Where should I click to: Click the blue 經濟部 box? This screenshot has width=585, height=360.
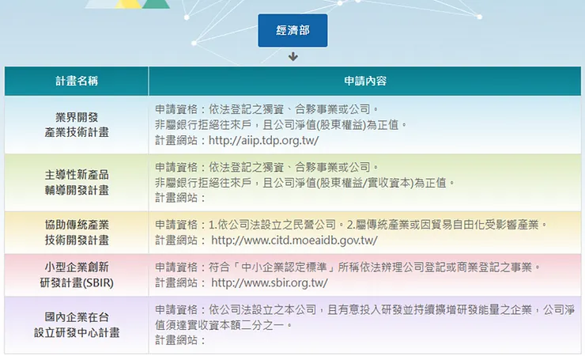click(292, 31)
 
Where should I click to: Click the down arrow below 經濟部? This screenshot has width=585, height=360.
click(292, 56)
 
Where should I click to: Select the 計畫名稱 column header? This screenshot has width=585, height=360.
click(77, 81)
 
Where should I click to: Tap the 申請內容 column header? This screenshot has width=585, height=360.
click(364, 81)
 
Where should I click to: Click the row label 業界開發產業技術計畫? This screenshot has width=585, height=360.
click(77, 125)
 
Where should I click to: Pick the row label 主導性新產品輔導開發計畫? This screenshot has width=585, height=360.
click(77, 182)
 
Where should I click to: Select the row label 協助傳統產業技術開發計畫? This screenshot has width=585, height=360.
click(77, 232)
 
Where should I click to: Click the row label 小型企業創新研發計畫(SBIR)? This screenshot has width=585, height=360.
click(77, 275)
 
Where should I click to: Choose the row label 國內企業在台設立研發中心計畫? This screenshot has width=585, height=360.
click(77, 324)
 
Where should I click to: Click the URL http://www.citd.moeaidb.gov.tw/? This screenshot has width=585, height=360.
click(294, 240)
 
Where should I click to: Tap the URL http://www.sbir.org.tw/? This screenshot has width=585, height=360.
click(269, 282)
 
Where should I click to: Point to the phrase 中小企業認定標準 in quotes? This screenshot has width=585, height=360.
click(270, 267)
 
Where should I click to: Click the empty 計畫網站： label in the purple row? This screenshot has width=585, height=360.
click(180, 340)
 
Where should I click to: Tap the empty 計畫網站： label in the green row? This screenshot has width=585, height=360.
click(180, 198)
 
